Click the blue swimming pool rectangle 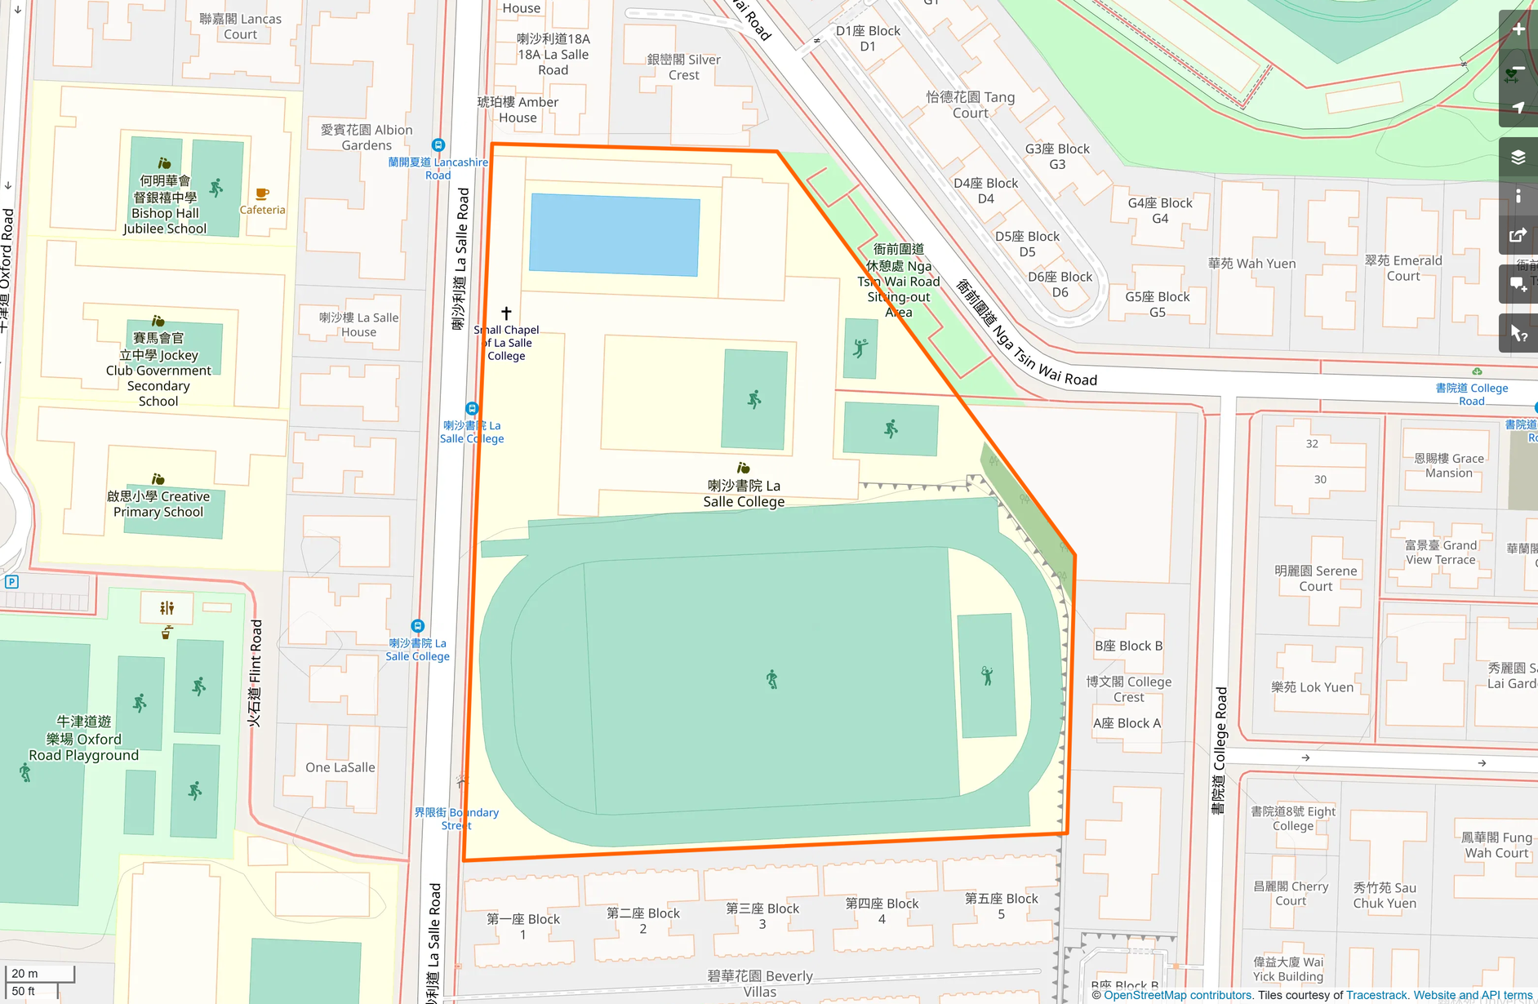point(614,234)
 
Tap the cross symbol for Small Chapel point(506,313)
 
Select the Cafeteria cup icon point(262,194)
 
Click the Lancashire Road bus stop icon point(438,145)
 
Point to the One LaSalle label point(340,767)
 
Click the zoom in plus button point(1518,29)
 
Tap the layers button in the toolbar point(1518,157)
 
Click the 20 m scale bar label point(24,973)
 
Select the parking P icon point(11,582)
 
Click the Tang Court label point(970,104)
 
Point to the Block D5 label point(1027,243)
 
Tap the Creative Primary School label point(158,504)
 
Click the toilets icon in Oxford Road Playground point(167,607)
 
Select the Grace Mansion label point(1449,465)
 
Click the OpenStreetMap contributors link point(1177,995)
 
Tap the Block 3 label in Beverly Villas point(762,916)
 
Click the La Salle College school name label point(744,493)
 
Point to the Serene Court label point(1315,578)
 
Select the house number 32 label point(1312,444)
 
